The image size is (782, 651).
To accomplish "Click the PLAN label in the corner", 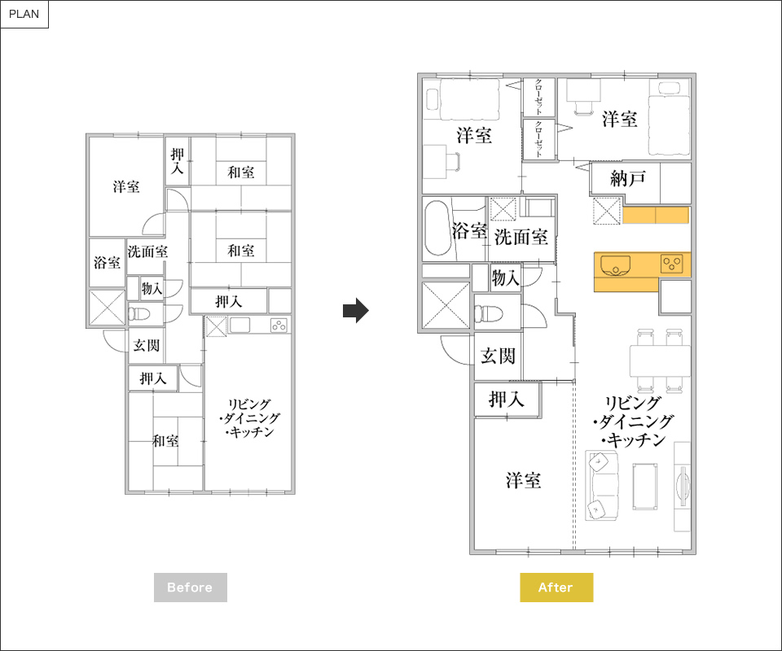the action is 24,14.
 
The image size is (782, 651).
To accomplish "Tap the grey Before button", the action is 190,588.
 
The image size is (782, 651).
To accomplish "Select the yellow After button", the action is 556,588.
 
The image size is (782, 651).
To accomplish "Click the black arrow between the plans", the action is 356,310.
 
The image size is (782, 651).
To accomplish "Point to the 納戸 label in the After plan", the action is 628,178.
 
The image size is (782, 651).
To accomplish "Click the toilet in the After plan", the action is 488,313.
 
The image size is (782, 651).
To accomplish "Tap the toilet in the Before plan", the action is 139,314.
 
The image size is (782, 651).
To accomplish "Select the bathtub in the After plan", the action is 438,228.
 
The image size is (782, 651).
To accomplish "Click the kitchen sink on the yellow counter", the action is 616,264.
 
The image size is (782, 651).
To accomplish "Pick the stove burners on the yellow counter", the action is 672,263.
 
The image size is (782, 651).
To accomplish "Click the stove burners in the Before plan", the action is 279,325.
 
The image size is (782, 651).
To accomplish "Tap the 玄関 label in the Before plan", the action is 147,345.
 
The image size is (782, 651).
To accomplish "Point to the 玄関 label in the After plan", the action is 498,356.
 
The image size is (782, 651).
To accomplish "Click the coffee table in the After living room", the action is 645,487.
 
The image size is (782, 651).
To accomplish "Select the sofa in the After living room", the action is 602,486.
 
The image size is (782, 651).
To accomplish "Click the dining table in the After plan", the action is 660,360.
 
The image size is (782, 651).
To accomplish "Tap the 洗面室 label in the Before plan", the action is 147,251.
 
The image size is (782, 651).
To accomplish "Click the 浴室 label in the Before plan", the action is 108,263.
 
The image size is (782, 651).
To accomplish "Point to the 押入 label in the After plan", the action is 506,400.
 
